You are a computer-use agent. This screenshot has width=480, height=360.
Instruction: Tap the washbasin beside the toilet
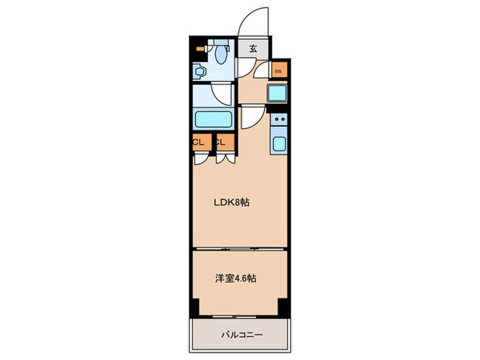pyautogui.click(x=200, y=71)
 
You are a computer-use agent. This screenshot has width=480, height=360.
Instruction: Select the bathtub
pyautogui.click(x=213, y=119)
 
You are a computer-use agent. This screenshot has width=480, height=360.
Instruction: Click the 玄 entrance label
pyautogui.click(x=253, y=49)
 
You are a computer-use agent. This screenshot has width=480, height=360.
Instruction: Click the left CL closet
pyautogui.click(x=202, y=143)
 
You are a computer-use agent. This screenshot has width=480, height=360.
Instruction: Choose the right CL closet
pyautogui.click(x=226, y=143)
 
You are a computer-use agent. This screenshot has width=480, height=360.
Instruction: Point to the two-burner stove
pyautogui.click(x=279, y=119)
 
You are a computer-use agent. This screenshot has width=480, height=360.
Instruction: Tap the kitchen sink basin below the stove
pyautogui.click(x=279, y=143)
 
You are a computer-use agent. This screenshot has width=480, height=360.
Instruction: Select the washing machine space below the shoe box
pyautogui.click(x=277, y=93)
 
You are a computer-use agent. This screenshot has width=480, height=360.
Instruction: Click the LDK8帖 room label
pyautogui.click(x=232, y=202)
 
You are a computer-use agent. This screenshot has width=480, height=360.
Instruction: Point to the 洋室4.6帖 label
pyautogui.click(x=236, y=278)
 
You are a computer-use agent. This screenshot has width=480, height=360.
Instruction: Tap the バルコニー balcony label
pyautogui.click(x=242, y=335)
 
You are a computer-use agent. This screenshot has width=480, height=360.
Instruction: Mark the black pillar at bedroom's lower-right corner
pyautogui.click(x=284, y=307)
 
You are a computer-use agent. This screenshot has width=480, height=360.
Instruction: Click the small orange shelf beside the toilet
pyautogui.click(x=200, y=49)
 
